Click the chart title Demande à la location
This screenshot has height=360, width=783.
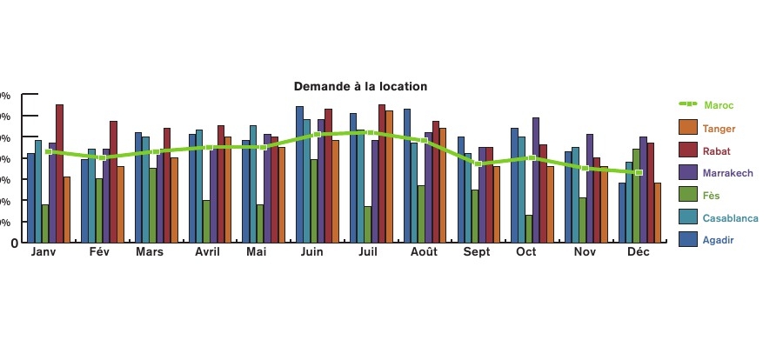pyautogui.click(x=360, y=87)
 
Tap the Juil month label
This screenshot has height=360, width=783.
pyautogui.click(x=367, y=252)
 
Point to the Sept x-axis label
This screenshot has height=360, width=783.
pyautogui.click(x=476, y=252)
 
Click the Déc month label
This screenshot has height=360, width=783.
pyautogui.click(x=639, y=252)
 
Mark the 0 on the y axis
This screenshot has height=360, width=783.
pyautogui.click(x=14, y=243)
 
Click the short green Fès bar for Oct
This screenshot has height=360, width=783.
pyautogui.click(x=529, y=228)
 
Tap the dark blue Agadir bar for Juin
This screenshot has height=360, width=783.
pyautogui.click(x=299, y=174)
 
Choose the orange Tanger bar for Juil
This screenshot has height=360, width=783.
pyautogui.click(x=389, y=176)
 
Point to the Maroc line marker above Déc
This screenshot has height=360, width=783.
pyautogui.click(x=639, y=172)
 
